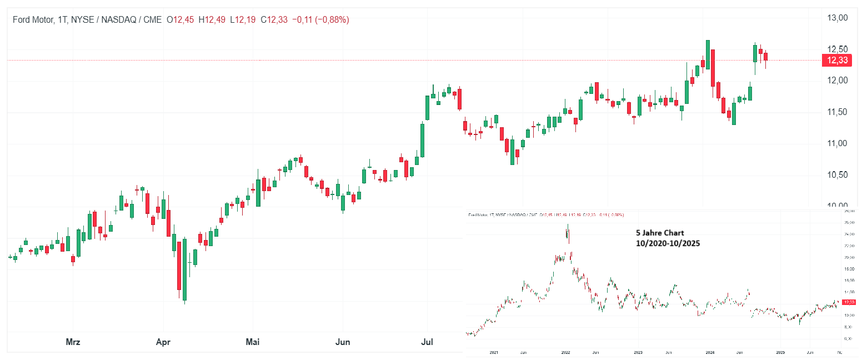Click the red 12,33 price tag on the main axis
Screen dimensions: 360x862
point(836,60)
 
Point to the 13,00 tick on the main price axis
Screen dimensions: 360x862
point(837,18)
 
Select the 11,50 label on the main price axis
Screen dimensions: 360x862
point(837,112)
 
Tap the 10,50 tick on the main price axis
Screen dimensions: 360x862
point(837,175)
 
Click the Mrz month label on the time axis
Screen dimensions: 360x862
point(73,342)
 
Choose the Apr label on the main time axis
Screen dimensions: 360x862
point(163,342)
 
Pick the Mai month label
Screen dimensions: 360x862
point(253,342)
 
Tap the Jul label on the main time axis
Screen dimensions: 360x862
point(428,342)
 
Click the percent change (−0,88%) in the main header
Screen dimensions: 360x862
point(332,20)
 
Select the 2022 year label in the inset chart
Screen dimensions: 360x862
point(566,352)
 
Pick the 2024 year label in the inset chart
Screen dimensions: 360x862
point(710,352)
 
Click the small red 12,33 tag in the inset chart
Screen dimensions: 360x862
point(849,302)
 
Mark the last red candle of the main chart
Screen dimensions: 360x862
point(765,57)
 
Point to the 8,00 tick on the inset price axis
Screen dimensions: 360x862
point(848,327)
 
